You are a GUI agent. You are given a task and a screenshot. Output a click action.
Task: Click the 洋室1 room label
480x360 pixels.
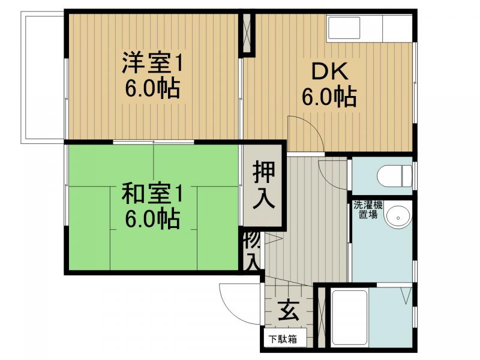coord(152,61)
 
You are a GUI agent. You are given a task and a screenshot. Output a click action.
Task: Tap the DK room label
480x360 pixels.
coord(329,72)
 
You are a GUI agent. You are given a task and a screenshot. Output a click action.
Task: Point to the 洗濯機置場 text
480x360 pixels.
coord(365,208)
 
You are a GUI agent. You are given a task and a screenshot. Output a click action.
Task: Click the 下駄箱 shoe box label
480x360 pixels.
coord(281,339)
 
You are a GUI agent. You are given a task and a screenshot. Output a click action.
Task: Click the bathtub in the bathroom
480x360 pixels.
coord(350,318)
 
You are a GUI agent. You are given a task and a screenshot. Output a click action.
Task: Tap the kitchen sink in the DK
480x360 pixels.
coord(343,28)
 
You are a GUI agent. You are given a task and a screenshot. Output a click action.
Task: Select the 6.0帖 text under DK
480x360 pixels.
coord(329,97)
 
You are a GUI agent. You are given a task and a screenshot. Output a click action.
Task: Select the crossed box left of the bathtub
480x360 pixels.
coord(322,317)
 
